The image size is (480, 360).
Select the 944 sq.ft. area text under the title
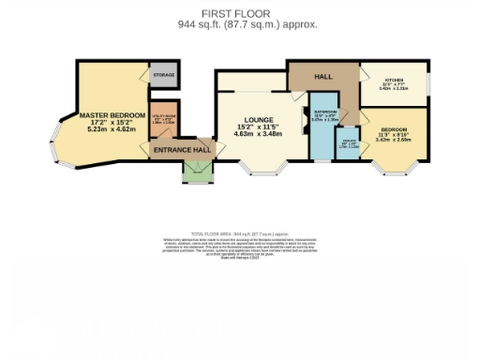pyautogui.click(x=247, y=24)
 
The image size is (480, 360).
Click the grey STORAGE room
pyautogui.click(x=163, y=73)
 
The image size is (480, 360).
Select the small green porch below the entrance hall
pyautogui.click(x=197, y=170)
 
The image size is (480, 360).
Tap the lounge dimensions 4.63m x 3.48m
pyautogui.click(x=257, y=135)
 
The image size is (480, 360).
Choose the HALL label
pyautogui.click(x=323, y=76)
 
